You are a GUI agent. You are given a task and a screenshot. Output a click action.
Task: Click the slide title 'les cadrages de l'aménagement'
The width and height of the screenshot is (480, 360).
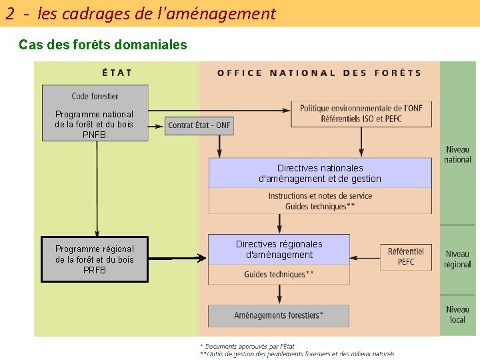pos(157,13)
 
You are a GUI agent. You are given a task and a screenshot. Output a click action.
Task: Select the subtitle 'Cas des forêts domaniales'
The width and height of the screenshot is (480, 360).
pos(103,45)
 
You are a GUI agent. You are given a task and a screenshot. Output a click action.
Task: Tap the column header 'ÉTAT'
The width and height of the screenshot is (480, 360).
pos(117,73)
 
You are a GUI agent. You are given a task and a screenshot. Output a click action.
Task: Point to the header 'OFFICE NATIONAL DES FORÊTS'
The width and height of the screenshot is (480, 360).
pos(319,73)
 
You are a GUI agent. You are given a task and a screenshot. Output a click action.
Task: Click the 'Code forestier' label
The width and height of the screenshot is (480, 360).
pos(95,96)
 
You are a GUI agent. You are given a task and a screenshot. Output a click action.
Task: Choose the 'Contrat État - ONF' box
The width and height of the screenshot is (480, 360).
pos(199,125)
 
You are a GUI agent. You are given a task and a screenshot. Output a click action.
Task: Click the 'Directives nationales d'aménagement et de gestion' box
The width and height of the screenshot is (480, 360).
pos(320,173)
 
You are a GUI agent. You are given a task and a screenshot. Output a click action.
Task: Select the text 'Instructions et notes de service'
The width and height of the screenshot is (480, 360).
pos(320,196)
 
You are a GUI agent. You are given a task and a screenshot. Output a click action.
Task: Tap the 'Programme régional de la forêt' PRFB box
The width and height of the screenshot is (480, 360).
pos(95,259)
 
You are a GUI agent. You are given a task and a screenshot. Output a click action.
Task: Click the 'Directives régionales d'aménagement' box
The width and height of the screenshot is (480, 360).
pos(279,249)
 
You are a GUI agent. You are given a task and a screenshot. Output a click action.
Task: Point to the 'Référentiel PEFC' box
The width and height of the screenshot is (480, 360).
pos(406,257)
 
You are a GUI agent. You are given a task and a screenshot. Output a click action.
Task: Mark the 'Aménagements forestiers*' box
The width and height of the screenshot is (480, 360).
pos(279,315)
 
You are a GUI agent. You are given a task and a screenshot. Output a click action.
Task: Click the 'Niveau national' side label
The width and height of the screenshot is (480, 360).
pos(457,155)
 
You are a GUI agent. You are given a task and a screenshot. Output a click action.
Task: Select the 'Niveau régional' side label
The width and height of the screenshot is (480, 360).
pos(457,259)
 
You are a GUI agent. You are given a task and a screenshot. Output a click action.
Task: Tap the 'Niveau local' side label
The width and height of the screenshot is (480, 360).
pos(457,314)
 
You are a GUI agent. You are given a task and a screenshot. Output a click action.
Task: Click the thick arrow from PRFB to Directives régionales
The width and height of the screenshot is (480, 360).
pos(177,258)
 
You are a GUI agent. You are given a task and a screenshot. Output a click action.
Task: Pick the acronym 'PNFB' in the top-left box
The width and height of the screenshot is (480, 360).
pos(95,135)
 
